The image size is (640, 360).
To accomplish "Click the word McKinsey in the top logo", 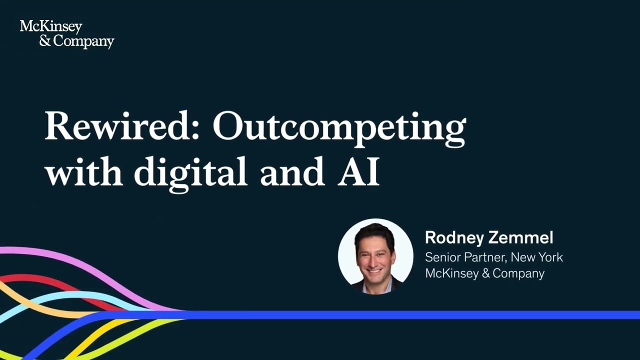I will tap(50, 27).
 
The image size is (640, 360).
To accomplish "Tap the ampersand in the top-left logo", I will tap(45, 41).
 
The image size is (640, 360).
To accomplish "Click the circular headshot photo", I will tap(375, 255).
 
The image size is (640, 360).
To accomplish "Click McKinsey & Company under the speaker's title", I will tap(484, 273).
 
